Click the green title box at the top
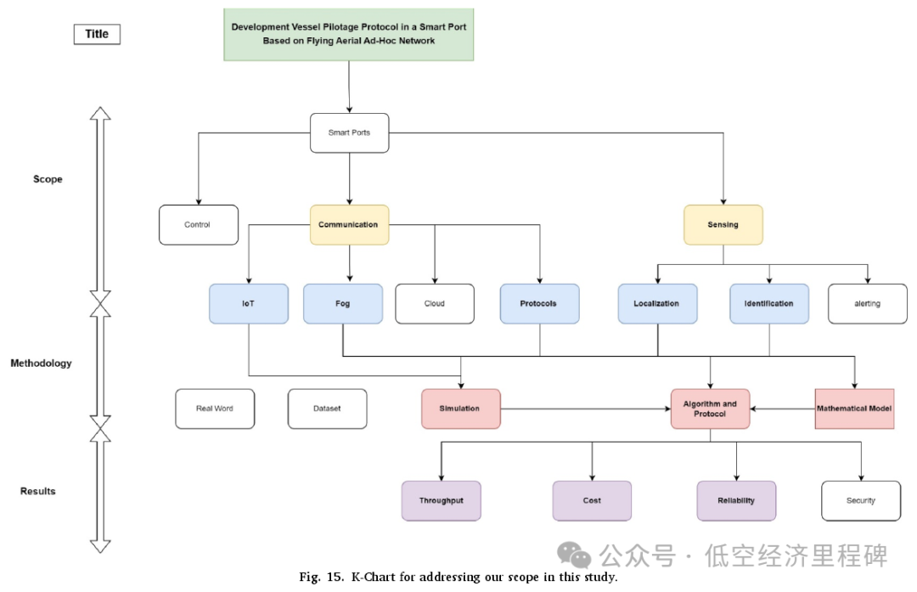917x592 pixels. coord(349,35)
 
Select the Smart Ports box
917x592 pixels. coord(349,133)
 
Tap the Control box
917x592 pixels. coord(198,225)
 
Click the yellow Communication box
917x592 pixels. coord(349,225)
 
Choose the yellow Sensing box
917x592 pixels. coord(723,225)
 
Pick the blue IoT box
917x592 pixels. coord(248,303)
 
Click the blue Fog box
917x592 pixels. coord(343,303)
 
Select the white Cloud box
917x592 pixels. coord(435,303)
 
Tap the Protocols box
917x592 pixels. coord(540,303)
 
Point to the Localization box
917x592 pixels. coord(657,303)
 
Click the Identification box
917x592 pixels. coord(769,303)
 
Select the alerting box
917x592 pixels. coord(868,303)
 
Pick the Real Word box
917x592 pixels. coord(214,409)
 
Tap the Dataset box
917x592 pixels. coord(327,409)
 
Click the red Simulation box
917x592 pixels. coord(460,409)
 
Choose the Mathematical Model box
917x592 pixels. coord(854,409)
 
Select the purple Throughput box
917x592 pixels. coord(441,500)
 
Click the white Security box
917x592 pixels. coord(861,500)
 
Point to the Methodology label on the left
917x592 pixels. coord(41,364)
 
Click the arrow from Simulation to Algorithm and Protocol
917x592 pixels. coord(586,409)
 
